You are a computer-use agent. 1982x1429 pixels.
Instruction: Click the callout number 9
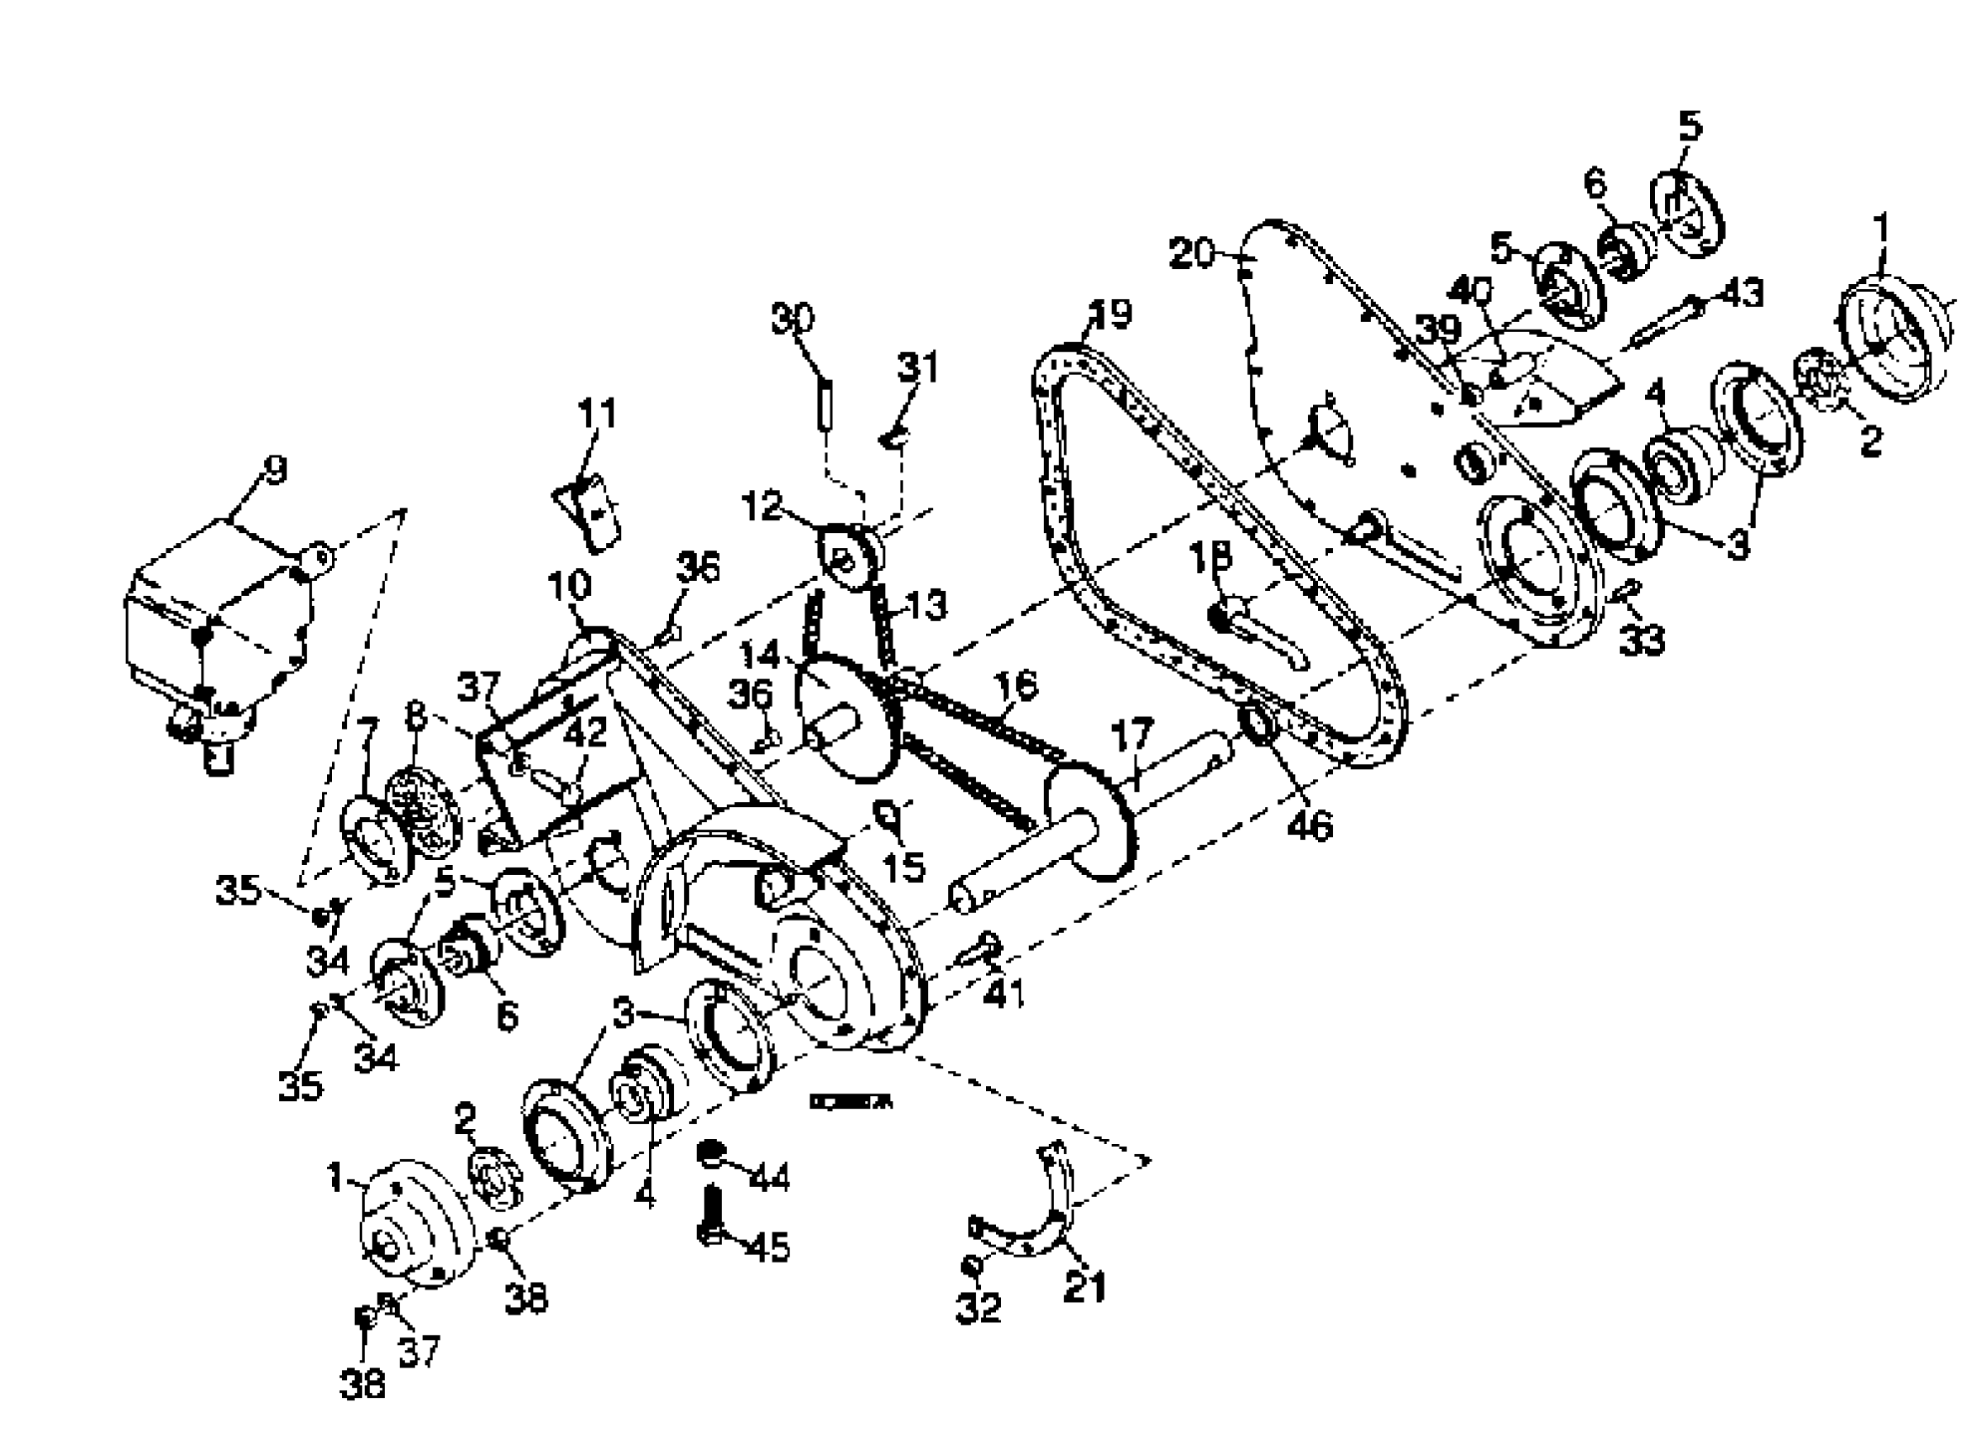pos(273,471)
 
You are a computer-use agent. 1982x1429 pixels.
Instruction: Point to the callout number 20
pos(1194,255)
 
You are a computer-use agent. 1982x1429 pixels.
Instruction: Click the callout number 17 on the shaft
pos(1132,735)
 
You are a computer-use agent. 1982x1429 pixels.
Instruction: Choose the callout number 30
pos(792,319)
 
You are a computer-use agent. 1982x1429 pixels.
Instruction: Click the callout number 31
pos(918,368)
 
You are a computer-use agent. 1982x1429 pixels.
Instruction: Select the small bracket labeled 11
pos(588,515)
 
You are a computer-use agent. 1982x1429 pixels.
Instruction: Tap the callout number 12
pos(762,506)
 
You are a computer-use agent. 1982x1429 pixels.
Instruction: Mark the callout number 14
pos(758,655)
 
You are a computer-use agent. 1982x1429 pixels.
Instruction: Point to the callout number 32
pos(977,1307)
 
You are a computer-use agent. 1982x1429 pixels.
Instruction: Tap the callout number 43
pos(1742,293)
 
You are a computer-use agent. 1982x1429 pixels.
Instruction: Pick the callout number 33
pos(1642,641)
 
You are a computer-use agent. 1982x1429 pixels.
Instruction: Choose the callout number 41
pos(1003,993)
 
